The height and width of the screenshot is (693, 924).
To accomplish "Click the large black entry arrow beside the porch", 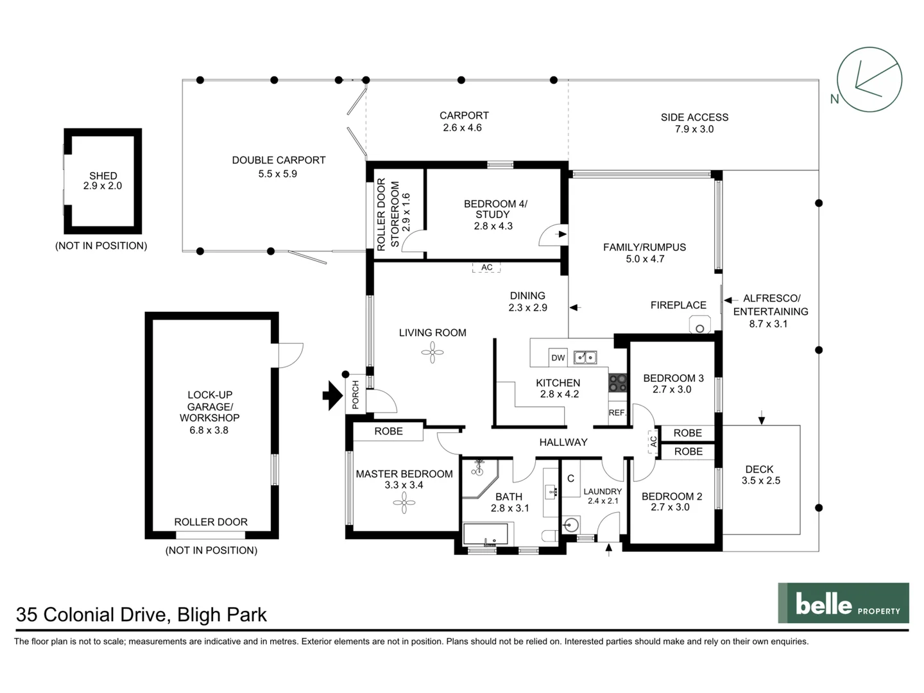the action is tap(333, 395).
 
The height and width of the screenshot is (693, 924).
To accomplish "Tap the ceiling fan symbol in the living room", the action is tap(432, 352).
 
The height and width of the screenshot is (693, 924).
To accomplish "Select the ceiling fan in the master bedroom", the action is tap(404, 502).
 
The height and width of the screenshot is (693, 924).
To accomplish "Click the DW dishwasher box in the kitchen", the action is tap(558, 357).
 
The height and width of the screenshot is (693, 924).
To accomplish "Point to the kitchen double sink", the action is tap(585, 357).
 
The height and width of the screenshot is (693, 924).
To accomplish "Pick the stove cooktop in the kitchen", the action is tap(617, 383).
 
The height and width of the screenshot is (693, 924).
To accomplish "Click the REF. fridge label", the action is tap(617, 413).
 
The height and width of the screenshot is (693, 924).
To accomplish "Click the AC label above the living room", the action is tap(486, 267).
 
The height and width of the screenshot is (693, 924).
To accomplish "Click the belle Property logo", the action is tap(843, 603).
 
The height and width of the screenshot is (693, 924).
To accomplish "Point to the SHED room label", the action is tap(103, 175).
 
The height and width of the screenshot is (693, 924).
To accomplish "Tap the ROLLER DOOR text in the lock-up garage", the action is tap(211, 522).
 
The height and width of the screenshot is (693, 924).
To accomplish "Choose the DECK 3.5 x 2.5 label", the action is tap(760, 475).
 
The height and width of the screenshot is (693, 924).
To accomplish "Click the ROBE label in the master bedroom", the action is tap(389, 431).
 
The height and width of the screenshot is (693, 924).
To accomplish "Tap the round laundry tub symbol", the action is tap(571, 525).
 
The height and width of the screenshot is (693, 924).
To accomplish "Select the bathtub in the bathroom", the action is tap(486, 535).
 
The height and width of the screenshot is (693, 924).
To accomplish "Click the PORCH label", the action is tap(355, 394).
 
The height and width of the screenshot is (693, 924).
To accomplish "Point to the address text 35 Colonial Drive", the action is tap(93, 615).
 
